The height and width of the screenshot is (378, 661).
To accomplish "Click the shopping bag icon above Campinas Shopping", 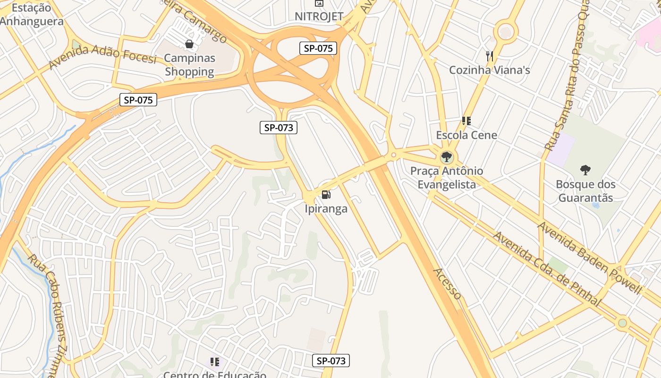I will pos(189,44).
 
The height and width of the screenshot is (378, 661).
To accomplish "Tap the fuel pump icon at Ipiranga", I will pos(326,194).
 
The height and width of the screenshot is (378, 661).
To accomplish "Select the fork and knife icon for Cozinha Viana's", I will pos(490,56).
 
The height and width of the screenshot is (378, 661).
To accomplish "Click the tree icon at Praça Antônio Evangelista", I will pos(446,157).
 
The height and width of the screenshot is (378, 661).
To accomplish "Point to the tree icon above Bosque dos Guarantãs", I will pos(585,170).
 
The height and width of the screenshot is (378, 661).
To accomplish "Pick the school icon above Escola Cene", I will pos(466,121).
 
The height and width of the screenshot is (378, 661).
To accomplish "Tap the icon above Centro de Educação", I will pos(215,362).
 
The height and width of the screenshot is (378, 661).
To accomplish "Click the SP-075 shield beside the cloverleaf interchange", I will pos(318,48).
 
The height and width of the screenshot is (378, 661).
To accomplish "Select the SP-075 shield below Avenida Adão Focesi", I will pos(138,100).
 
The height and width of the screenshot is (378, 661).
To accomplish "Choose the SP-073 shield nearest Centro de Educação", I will pos(331,361).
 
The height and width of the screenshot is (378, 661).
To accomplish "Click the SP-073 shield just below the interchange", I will pos(279,127).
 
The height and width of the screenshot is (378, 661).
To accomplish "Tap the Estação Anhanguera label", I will pos(31,15).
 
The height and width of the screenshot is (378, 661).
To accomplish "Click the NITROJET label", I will pos(319,17).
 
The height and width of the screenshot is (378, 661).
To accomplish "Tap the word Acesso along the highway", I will pos(447,283).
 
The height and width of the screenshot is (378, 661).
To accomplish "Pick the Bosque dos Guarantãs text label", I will pos(585,191).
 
